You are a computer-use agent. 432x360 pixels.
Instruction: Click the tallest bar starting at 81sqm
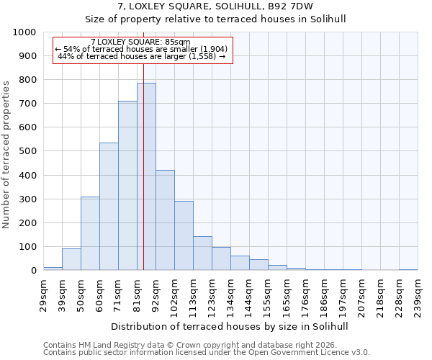point(146,176)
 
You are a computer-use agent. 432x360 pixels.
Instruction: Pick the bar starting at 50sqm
point(90,233)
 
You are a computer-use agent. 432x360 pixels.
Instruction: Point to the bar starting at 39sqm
point(71,259)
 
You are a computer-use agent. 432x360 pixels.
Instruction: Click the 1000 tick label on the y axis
point(24,32)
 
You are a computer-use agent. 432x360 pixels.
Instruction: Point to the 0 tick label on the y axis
point(33,271)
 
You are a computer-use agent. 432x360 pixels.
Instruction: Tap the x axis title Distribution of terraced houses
point(230,326)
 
